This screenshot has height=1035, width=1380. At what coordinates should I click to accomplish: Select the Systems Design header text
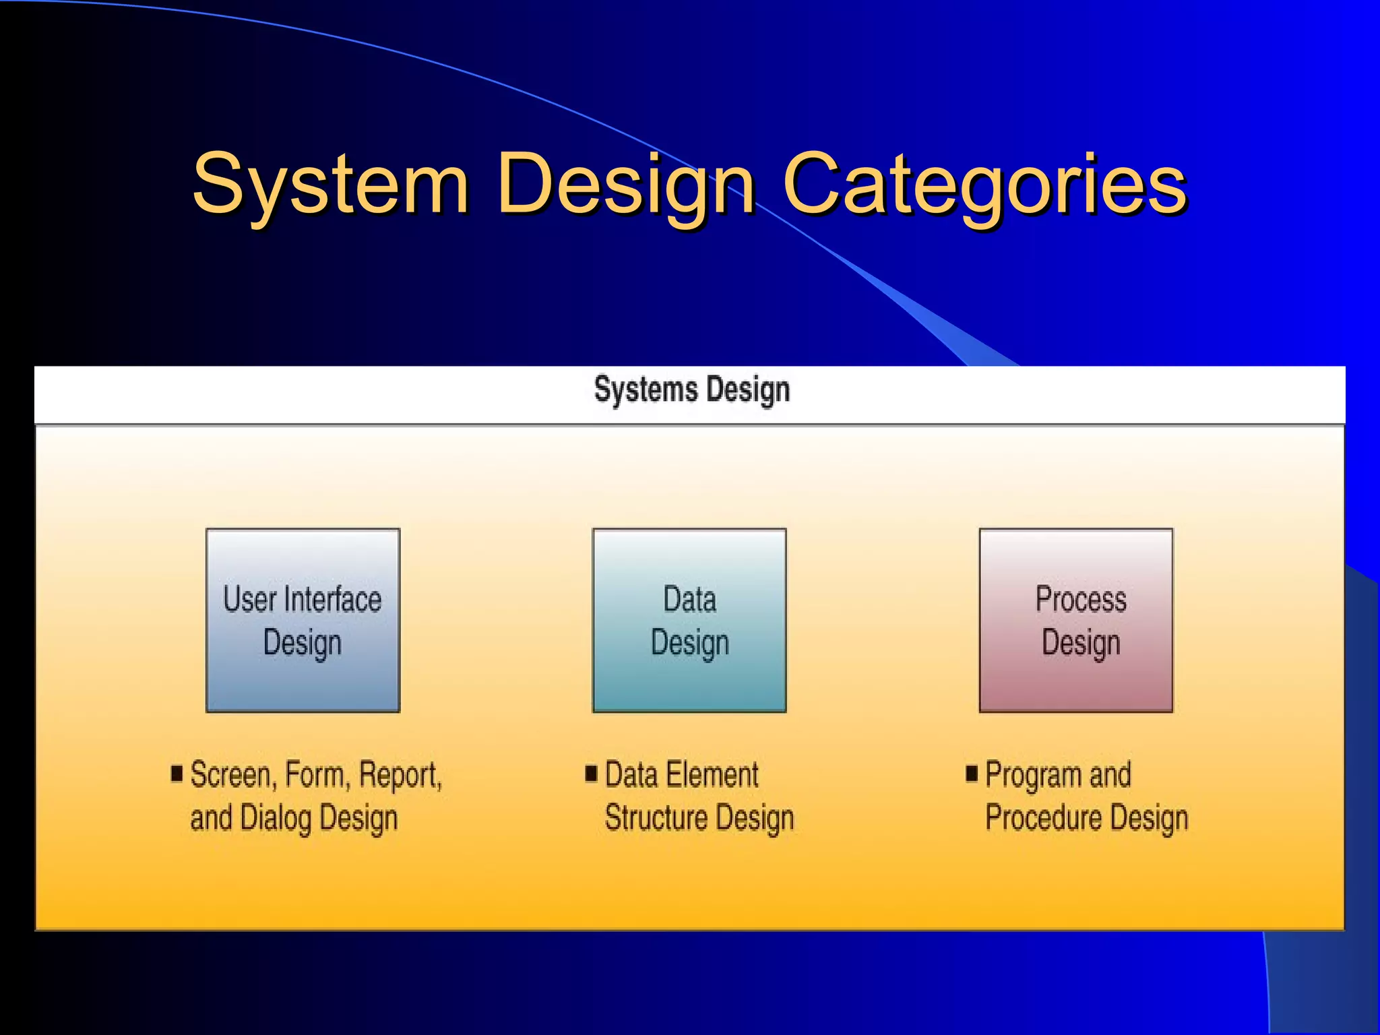point(691,390)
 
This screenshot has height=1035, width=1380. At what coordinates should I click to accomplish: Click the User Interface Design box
point(303,620)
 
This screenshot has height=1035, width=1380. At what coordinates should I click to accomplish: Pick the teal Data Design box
point(689,620)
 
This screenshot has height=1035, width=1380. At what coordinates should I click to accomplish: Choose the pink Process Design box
point(1076,620)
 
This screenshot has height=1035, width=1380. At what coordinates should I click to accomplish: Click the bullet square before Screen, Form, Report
point(177,773)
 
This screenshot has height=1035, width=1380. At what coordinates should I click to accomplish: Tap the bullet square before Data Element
point(591,773)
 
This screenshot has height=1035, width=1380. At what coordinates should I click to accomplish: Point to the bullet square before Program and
point(971,773)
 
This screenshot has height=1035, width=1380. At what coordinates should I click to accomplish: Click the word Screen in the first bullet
point(230,775)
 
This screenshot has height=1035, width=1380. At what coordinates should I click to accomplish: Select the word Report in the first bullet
point(399,775)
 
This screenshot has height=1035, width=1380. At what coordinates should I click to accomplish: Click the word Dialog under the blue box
point(276,818)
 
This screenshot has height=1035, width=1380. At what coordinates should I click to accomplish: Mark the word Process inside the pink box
point(1081,600)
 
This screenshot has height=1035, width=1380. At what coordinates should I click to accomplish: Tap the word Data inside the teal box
point(689,600)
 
